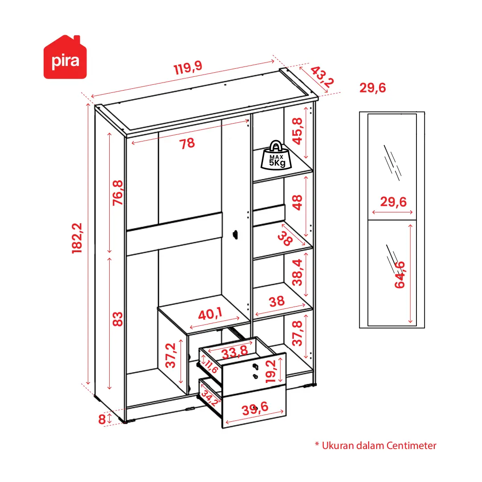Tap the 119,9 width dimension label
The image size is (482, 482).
[x=188, y=67]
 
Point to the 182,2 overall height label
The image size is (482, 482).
[x=77, y=238]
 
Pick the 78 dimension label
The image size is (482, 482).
[x=187, y=143]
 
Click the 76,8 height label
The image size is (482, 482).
[x=118, y=193]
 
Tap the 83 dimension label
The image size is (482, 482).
[x=117, y=319]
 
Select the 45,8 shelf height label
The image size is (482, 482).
[x=297, y=131]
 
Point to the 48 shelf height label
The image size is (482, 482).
[x=297, y=203]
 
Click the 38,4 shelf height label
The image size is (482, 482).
[x=297, y=273]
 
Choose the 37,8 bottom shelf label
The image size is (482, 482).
[x=297, y=333]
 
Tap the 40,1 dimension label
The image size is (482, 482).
[x=210, y=314]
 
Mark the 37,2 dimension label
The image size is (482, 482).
[x=171, y=356]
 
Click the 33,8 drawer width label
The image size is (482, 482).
[x=235, y=352]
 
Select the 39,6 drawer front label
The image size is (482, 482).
[x=255, y=408]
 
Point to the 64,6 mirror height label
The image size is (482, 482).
[x=400, y=274]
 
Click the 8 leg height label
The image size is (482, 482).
[x=102, y=420]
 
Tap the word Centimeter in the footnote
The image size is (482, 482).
[x=411, y=446]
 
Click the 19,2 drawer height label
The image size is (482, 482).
[x=271, y=371]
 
